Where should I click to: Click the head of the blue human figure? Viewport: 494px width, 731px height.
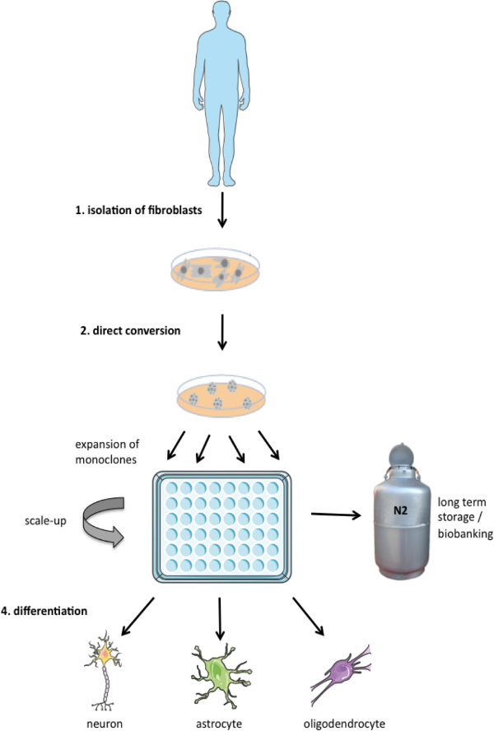tap(222, 14)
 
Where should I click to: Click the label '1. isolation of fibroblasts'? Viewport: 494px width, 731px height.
tap(138, 210)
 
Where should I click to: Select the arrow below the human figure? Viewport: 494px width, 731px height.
tap(222, 209)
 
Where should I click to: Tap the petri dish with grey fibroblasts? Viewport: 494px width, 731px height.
tap(215, 270)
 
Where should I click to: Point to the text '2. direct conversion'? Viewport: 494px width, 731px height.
tap(130, 331)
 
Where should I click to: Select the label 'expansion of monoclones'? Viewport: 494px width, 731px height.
tap(107, 452)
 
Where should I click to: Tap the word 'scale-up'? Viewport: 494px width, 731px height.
tap(45, 520)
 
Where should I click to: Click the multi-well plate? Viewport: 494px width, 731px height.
tap(222, 527)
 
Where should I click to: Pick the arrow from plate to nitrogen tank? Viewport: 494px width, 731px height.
tap(336, 514)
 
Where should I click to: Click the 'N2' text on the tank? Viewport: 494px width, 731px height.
tap(400, 510)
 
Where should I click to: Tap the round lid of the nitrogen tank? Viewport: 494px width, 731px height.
tap(402, 454)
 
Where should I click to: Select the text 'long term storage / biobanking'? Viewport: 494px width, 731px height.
tap(465, 518)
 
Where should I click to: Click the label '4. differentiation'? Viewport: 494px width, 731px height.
tap(44, 611)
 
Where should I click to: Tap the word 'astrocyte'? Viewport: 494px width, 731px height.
tap(219, 724)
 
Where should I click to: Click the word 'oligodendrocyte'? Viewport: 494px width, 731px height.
tap(344, 724)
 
